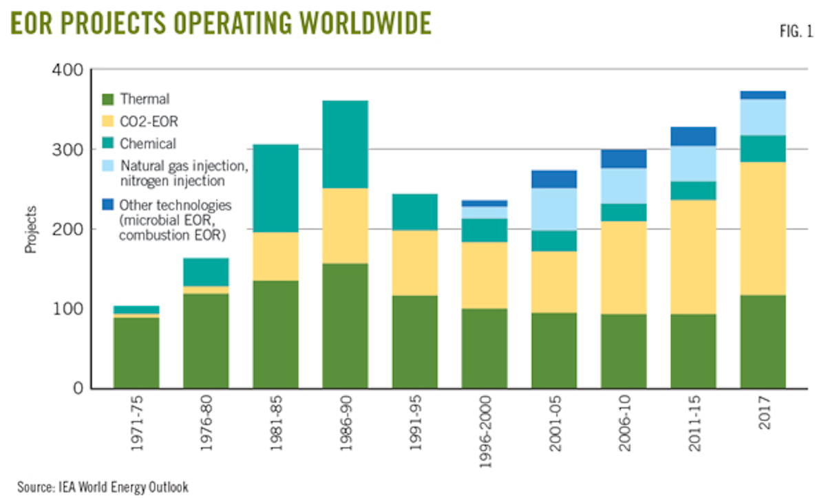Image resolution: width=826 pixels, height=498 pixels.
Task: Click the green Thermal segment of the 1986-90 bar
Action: [x=345, y=325]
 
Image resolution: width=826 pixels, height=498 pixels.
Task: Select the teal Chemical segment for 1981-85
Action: [x=275, y=188]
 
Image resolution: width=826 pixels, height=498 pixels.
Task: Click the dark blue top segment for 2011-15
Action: [x=693, y=136]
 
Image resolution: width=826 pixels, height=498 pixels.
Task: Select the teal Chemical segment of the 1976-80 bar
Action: [x=206, y=272]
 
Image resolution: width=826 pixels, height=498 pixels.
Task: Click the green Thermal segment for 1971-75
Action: [x=136, y=352]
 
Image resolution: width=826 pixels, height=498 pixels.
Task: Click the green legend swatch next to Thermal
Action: [x=107, y=100]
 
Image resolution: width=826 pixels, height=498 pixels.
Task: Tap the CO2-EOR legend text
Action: [x=147, y=122]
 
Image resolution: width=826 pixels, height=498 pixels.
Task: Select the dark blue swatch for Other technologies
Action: [x=107, y=204]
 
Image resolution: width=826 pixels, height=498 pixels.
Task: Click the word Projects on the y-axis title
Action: [x=31, y=229]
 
